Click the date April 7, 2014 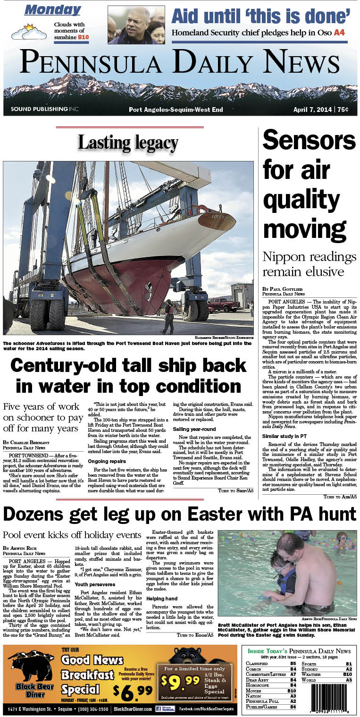(312, 110)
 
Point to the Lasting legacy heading (128, 143)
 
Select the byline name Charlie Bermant (34, 442)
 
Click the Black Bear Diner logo (31, 675)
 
